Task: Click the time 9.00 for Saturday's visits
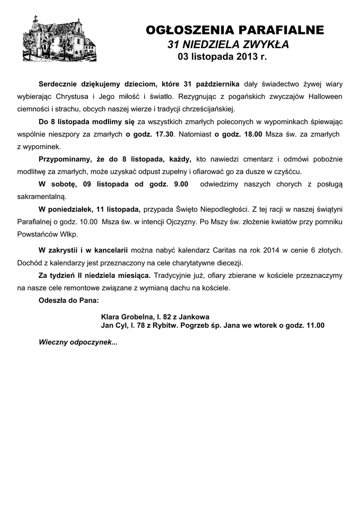[179, 185]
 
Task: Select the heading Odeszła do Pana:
[69, 300]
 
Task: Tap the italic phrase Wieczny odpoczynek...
[77, 342]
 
